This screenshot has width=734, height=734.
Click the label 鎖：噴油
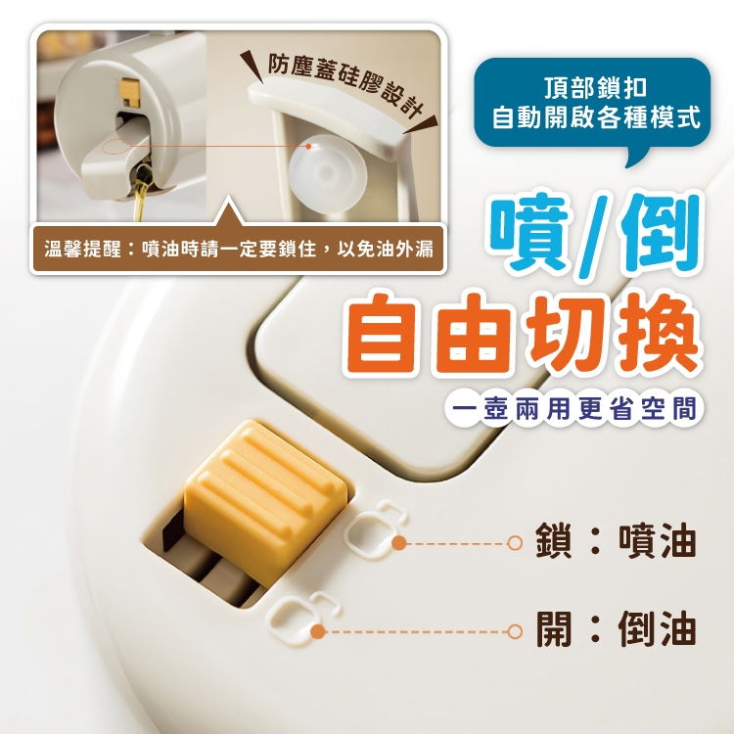click(616, 541)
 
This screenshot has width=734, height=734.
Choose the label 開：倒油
click(616, 628)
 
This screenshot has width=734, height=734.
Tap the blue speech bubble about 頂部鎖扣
click(593, 106)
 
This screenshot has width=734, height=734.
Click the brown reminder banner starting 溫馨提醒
click(238, 249)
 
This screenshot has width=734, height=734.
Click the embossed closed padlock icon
click(376, 528)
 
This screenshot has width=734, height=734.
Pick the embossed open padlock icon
click(303, 615)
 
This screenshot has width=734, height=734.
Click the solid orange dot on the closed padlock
click(399, 543)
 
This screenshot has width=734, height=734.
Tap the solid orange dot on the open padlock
click(318, 631)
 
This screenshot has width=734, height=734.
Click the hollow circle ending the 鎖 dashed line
click(515, 543)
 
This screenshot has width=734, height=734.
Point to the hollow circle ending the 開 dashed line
click(515, 631)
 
